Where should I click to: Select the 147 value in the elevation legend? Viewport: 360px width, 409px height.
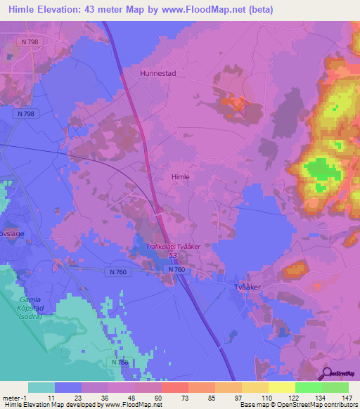[x=347, y=398]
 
